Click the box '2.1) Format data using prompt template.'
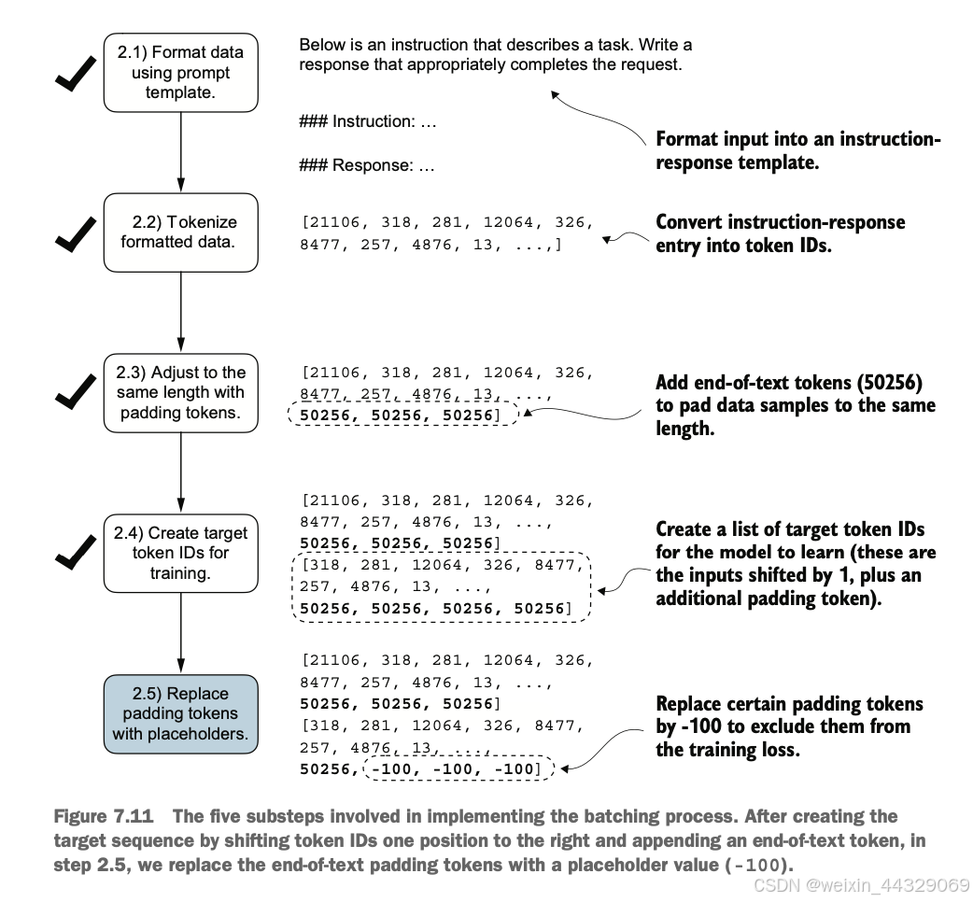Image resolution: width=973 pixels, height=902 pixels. (180, 73)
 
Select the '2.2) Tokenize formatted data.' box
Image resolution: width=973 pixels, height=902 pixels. (180, 233)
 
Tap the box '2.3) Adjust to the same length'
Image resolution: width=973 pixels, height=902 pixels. (180, 393)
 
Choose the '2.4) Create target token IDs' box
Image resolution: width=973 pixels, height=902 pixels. (180, 553)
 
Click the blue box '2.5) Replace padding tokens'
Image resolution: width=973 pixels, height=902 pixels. (180, 714)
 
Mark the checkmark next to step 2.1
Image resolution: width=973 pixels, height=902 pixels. (75, 73)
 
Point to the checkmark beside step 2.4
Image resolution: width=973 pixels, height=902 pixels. (75, 552)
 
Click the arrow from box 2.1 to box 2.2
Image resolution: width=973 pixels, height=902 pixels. (180, 152)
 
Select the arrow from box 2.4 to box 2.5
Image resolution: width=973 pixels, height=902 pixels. (180, 633)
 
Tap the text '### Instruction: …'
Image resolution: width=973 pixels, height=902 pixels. (367, 121)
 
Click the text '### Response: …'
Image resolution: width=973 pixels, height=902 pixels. (367, 165)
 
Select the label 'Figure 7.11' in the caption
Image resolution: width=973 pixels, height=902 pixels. (103, 816)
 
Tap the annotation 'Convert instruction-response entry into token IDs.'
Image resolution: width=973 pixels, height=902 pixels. (780, 233)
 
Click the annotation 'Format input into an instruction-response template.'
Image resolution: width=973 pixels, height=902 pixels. (798, 150)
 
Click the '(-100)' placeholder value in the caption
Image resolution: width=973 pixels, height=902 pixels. (758, 865)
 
